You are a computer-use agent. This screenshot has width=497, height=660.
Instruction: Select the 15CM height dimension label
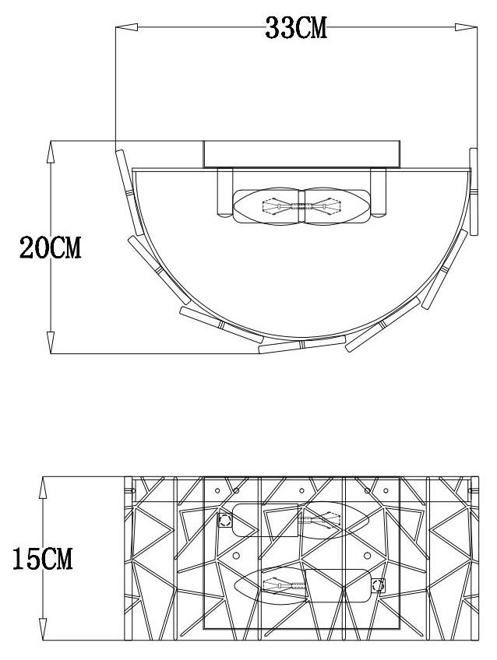43,558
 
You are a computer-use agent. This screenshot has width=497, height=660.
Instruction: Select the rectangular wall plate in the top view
302,153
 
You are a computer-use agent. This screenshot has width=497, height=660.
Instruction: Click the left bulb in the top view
268,208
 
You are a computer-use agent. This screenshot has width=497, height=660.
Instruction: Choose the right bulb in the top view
337,208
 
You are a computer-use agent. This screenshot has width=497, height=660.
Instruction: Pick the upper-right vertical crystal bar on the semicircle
473,191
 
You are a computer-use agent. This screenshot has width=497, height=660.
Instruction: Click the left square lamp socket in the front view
224,520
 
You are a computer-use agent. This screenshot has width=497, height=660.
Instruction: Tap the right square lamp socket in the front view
379,585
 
